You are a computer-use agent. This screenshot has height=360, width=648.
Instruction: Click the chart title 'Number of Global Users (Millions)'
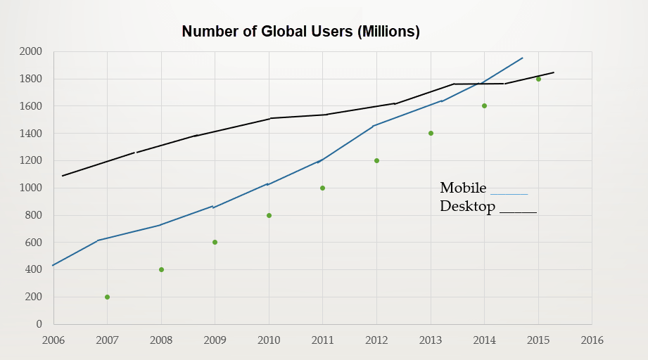[301, 32]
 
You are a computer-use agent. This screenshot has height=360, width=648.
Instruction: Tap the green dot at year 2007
[108, 297]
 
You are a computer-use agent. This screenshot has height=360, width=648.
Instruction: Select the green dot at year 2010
[269, 215]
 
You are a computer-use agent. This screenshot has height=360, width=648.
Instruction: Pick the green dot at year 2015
[538, 79]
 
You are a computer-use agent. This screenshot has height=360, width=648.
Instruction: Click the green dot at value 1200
[376, 160]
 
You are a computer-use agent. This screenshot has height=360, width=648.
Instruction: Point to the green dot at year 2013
[431, 134]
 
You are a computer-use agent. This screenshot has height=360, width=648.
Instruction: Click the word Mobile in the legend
[463, 188]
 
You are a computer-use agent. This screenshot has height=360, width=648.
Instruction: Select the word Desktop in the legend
[467, 207]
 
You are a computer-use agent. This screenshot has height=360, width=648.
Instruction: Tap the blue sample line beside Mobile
[509, 194]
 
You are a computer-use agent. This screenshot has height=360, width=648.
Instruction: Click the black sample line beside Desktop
[519, 212]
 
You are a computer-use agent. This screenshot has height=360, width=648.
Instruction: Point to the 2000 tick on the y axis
[30, 51]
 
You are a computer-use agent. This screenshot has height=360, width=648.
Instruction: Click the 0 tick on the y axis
[39, 324]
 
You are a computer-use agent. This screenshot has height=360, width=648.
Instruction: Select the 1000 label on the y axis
[30, 188]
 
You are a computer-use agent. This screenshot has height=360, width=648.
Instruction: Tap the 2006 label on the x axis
[53, 340]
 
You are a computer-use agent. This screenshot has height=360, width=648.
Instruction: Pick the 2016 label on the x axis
[592, 340]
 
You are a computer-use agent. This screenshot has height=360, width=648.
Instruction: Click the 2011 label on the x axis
[323, 340]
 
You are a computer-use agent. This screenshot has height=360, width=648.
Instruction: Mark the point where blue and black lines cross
[479, 84]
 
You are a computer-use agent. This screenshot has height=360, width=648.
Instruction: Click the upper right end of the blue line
[523, 58]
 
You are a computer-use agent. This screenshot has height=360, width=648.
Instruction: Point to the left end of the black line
[63, 176]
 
